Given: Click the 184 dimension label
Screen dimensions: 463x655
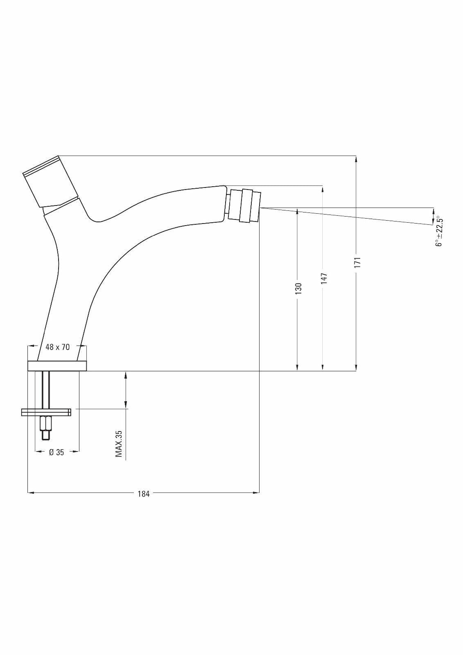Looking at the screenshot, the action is click(x=144, y=494).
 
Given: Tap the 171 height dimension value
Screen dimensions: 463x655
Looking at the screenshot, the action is click(x=357, y=262).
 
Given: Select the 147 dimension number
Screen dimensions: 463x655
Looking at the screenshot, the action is click(x=323, y=279).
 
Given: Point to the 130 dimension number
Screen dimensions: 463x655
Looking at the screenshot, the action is click(x=298, y=288).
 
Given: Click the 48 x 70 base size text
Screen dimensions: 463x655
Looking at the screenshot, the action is click(x=58, y=347).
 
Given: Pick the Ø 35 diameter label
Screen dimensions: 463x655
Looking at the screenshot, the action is click(x=56, y=452).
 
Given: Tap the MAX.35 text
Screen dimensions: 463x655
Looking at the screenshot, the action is click(x=118, y=444).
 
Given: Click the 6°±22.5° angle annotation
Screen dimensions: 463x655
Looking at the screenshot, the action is click(x=439, y=231).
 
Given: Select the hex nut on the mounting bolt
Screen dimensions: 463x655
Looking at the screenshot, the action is click(x=46, y=422).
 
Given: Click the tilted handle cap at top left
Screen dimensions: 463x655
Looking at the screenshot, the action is click(x=50, y=181).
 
